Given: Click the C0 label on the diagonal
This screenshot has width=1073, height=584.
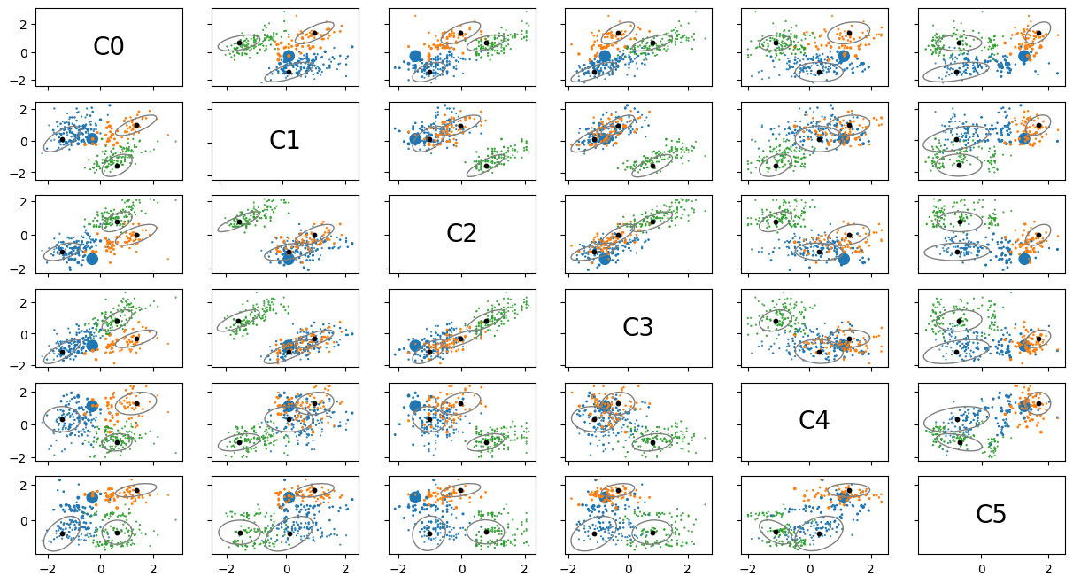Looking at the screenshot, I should pos(108,48).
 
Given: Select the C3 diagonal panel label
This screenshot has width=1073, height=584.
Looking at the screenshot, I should pos(637,328).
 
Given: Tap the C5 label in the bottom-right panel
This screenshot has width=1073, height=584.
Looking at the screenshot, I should pos(991,515).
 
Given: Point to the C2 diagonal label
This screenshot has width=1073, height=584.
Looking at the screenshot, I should pos(461,234).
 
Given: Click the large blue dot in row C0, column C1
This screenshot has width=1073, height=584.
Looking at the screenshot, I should pos(289,56).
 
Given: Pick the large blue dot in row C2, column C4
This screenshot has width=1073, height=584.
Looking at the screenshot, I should pos(844,259).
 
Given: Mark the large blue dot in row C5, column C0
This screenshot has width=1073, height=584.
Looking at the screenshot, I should pos(92,497).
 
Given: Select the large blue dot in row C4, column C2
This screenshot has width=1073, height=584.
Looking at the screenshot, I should pos(415,406).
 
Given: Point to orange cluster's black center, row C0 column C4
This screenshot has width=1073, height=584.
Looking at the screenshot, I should pos(849,33).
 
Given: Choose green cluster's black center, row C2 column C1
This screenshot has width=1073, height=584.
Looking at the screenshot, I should pos(239,222).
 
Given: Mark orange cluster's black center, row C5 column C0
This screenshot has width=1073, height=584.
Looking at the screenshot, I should pos(136,490).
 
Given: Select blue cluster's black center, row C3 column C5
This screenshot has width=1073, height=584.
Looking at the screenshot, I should pos(956,352).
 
